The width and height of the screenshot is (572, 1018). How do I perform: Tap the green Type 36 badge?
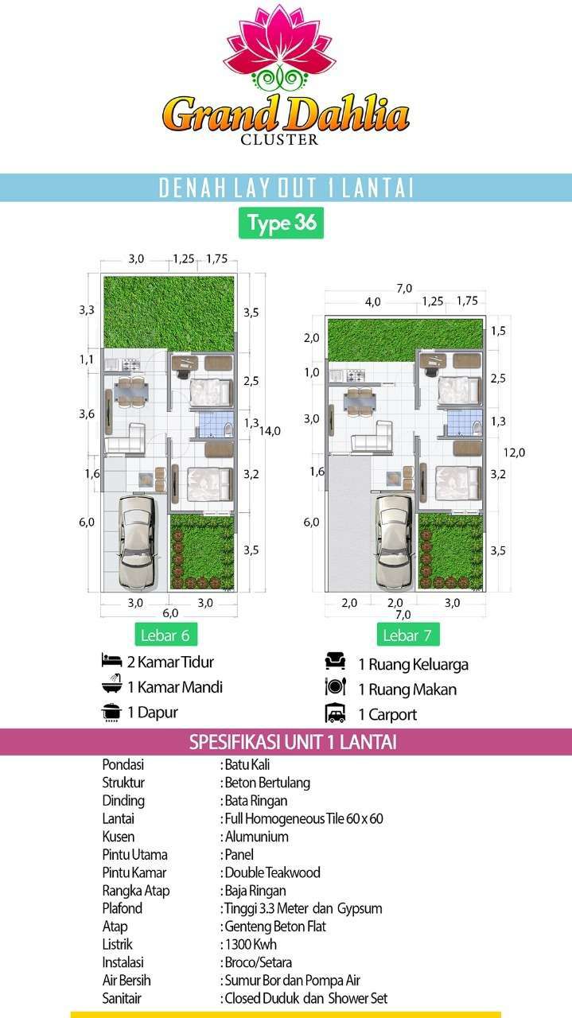click(281, 223)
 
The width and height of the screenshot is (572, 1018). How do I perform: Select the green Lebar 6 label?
click(165, 635)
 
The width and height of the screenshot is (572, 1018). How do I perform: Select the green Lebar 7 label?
click(408, 635)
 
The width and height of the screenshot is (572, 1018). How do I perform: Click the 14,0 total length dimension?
click(270, 431)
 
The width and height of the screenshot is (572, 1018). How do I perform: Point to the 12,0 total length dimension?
click(514, 453)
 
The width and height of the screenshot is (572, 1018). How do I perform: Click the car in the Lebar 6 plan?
click(137, 542)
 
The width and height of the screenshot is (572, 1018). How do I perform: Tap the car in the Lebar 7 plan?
click(395, 542)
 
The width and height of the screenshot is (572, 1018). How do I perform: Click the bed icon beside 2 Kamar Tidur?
click(112, 660)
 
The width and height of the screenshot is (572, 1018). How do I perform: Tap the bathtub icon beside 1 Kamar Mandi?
click(112, 685)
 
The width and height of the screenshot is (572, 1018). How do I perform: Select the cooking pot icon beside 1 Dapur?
click(112, 712)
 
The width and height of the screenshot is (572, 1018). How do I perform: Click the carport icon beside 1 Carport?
click(335, 713)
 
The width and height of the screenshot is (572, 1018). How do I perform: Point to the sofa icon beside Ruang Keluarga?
click(335, 661)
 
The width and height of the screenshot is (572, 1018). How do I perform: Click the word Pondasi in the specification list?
click(123, 765)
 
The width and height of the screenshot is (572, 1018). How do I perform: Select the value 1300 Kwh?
click(251, 944)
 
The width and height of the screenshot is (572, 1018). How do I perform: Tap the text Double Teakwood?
click(272, 872)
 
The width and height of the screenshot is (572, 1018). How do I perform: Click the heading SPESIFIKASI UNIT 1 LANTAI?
click(293, 742)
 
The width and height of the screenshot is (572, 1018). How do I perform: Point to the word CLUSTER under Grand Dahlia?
click(279, 139)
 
